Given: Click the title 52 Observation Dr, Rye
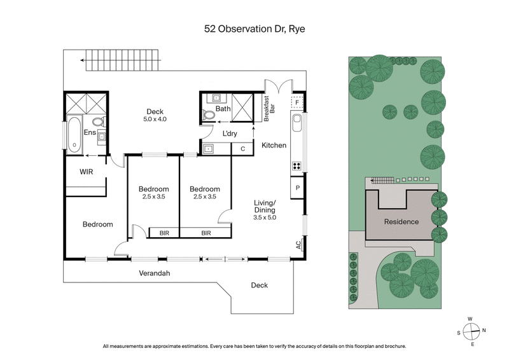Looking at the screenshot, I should point(254,29).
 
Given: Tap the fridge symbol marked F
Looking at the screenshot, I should point(296,102).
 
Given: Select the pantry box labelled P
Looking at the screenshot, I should point(297,189).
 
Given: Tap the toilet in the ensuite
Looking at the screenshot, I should point(97,121).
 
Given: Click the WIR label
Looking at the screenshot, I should point(87,172).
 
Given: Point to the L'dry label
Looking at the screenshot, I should point(230,134).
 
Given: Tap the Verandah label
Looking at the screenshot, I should point(155,273).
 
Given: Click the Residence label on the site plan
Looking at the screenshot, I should point(401,222).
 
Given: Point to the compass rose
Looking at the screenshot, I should point(471,331).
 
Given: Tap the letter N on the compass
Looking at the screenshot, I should point(484,331).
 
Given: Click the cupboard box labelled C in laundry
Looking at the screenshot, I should point(242,149).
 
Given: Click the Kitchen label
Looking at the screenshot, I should point(274,146).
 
